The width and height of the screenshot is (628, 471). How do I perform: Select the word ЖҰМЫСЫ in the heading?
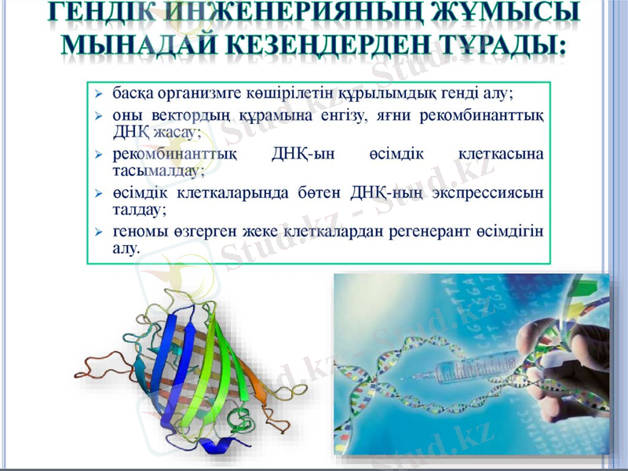[502, 13]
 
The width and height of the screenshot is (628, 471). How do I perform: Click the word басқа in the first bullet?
[133, 93]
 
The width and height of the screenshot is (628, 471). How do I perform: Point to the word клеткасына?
[500, 154]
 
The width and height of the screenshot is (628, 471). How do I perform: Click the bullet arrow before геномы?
[98, 232]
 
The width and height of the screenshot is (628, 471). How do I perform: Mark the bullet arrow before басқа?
[98, 93]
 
